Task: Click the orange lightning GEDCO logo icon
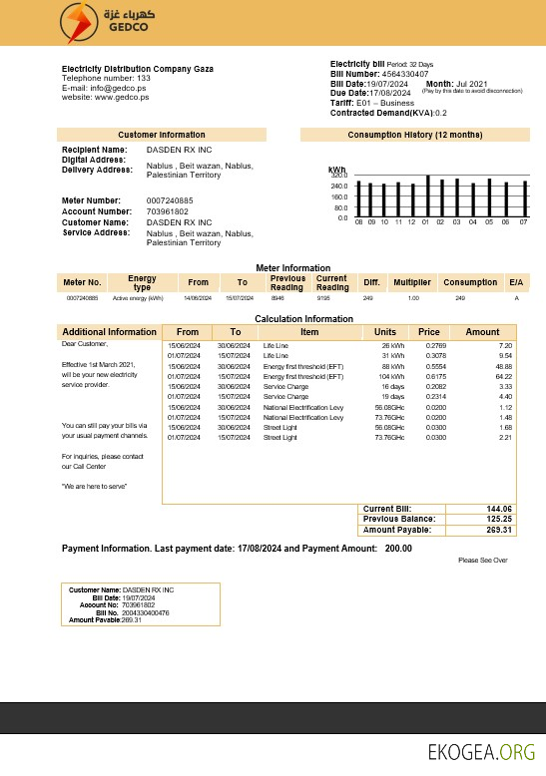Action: pyautogui.click(x=76, y=23)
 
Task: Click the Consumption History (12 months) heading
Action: pyautogui.click(x=414, y=135)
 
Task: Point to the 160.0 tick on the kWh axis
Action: pyautogui.click(x=340, y=196)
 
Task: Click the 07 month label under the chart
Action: pyautogui.click(x=523, y=221)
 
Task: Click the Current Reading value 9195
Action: pyautogui.click(x=323, y=298)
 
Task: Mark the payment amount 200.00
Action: pyautogui.click(x=398, y=548)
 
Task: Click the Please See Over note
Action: pyautogui.click(x=483, y=561)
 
